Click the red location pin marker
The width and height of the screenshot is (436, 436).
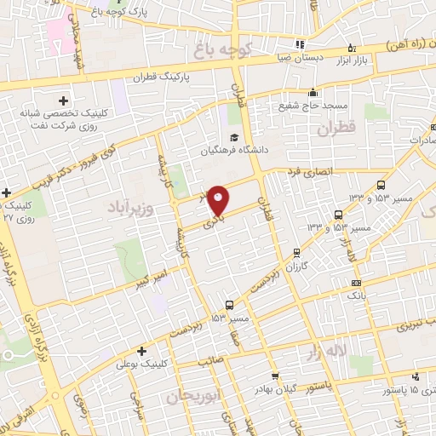tap(219, 199)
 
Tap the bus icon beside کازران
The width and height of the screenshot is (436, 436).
tap(295, 252)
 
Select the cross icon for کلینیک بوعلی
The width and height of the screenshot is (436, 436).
tap(141, 350)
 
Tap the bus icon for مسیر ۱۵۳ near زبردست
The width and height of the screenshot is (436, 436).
tap(229, 305)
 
